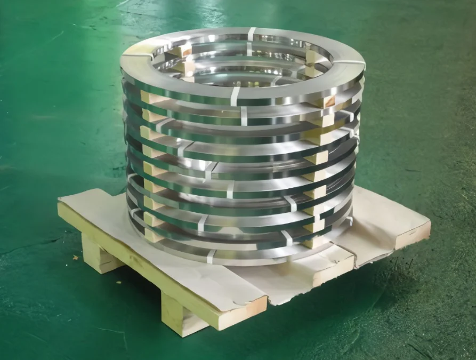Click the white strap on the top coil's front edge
tap(235, 97)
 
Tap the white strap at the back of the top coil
tap(251, 33)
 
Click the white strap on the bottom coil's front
tap(211, 257)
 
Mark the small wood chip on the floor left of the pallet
tap(75, 258)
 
